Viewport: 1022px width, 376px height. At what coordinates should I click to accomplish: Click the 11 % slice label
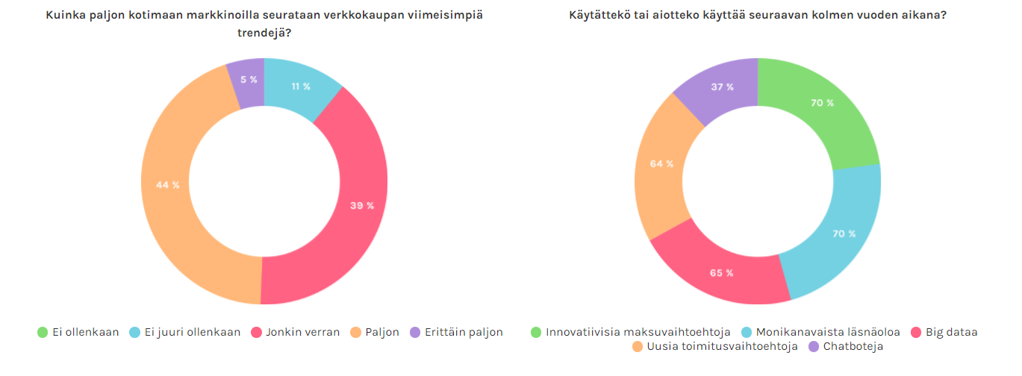click(301, 87)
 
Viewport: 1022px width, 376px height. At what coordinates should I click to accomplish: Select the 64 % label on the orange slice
click(661, 163)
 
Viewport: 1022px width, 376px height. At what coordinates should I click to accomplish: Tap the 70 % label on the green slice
click(822, 103)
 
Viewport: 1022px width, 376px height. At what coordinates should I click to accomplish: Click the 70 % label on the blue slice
click(844, 234)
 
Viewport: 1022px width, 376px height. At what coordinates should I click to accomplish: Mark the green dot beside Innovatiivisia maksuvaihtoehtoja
click(535, 332)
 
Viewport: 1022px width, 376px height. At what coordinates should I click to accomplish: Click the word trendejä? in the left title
click(264, 33)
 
